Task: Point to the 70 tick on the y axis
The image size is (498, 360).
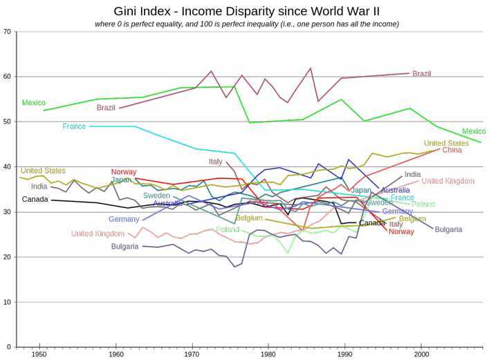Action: (6, 32)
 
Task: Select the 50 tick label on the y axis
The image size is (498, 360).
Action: (6, 122)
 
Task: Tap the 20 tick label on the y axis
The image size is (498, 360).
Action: (6, 257)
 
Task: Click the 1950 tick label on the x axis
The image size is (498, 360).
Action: (39, 354)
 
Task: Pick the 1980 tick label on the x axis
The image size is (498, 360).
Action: (268, 354)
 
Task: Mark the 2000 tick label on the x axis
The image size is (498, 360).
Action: (421, 354)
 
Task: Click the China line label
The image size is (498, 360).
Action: (452, 150)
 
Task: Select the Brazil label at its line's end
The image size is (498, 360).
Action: (422, 74)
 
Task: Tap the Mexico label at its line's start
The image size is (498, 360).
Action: (33, 103)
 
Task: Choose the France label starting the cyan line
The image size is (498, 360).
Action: (74, 126)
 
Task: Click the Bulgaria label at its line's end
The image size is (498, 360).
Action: (448, 229)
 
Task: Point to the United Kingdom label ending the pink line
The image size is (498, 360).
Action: (448, 181)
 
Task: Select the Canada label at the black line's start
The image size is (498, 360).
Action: (35, 200)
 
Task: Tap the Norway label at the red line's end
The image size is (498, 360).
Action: (401, 232)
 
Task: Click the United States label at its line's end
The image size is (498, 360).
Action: (446, 143)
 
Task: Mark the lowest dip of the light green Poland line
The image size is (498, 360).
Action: (288, 253)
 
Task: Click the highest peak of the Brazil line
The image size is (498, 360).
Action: (311, 68)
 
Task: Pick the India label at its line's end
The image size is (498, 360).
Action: (412, 175)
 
